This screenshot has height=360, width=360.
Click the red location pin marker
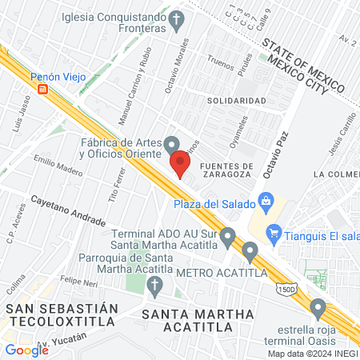coord(181,166)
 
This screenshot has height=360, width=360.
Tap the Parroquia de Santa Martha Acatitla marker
coord(158,285)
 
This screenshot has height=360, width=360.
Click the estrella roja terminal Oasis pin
coord(318,306)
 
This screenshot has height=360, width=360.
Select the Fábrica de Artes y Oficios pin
coord(172,145)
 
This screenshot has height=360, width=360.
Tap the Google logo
coord(26,350)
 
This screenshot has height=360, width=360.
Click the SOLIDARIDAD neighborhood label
coord(236,101)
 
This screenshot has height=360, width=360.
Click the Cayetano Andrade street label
coord(68,210)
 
